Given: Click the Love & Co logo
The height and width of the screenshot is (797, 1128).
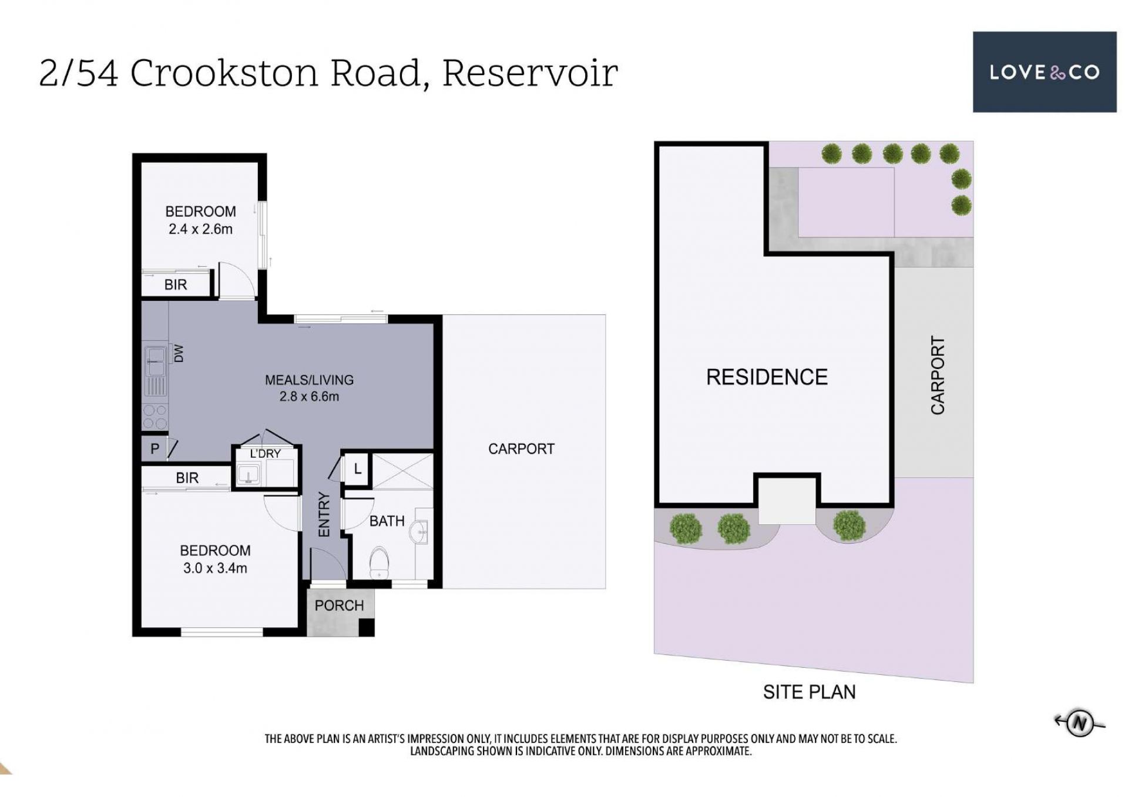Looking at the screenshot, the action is (x=1044, y=72).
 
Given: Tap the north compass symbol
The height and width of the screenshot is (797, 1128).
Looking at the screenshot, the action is (x=1079, y=722).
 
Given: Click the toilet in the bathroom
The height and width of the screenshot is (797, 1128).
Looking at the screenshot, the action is (x=380, y=563).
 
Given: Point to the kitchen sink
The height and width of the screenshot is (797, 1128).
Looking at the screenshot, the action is (x=156, y=360).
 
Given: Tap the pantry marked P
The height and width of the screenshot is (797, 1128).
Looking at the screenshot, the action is (x=154, y=449).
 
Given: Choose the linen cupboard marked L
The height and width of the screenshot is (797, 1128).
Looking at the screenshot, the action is (x=357, y=469).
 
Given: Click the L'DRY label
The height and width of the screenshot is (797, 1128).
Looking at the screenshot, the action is (x=265, y=453).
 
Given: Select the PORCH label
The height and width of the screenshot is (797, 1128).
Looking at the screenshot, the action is (x=339, y=605).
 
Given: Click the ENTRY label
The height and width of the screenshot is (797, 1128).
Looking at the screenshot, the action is (x=324, y=514).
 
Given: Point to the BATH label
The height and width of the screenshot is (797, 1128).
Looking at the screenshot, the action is (x=387, y=521).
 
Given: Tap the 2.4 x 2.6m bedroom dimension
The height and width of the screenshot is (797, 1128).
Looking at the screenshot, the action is (x=200, y=229).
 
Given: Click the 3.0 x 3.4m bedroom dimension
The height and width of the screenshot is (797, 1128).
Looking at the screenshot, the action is (x=215, y=568).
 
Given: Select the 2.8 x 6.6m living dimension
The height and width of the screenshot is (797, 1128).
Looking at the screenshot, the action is (x=309, y=397).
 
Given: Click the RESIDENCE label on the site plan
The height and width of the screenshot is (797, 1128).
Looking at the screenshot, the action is (x=767, y=377).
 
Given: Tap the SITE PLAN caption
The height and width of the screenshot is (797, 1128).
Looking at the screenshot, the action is (x=809, y=692).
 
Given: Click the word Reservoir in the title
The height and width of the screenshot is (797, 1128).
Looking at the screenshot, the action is (x=529, y=73).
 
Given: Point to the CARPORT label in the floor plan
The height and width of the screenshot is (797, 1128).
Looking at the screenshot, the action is (x=521, y=449).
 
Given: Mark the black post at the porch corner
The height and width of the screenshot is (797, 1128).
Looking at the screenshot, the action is (x=367, y=628).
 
